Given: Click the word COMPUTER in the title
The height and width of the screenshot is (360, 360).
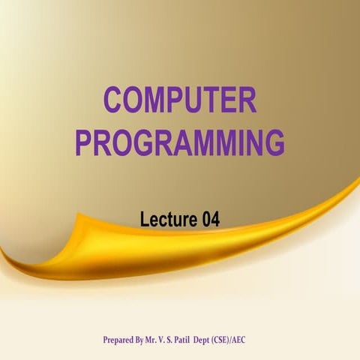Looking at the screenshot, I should click(x=180, y=100).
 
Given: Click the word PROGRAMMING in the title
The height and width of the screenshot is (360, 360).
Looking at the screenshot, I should click(x=180, y=142).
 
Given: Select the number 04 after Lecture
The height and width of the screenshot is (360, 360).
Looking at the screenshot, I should click(x=210, y=220).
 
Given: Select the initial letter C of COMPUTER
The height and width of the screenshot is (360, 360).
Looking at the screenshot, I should click(x=113, y=100).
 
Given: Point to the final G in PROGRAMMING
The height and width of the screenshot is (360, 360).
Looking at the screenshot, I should click(x=274, y=142).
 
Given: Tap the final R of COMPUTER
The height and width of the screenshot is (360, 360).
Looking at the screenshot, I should click(x=247, y=100).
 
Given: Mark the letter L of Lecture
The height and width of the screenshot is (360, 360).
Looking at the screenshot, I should click(x=145, y=220).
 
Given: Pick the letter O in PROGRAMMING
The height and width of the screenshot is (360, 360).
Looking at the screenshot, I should click(x=122, y=142).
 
